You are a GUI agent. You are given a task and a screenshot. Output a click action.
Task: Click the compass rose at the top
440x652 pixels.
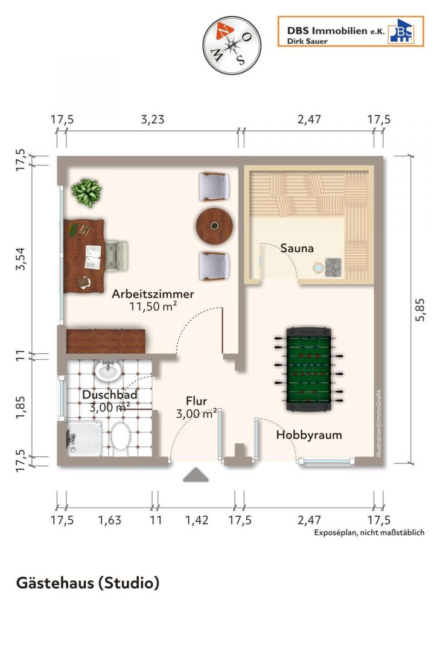[232, 44]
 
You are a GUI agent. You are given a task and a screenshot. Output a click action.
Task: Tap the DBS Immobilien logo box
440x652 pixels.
[351, 31]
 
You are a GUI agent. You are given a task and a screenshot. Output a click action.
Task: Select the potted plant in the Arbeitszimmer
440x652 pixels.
[86, 193]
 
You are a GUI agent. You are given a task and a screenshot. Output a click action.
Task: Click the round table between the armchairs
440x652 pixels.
[214, 226]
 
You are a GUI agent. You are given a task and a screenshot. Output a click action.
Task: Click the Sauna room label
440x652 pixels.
[297, 248]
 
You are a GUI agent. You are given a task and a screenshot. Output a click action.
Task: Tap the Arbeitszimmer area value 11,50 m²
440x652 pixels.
[153, 307]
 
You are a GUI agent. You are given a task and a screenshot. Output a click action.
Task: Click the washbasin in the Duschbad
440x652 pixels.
[108, 370]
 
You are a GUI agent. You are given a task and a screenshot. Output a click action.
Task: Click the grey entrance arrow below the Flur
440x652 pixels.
[196, 475]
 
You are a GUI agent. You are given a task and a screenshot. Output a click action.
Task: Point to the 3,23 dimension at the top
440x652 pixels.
[153, 120]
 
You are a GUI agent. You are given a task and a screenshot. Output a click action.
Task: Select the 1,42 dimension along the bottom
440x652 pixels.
[197, 520]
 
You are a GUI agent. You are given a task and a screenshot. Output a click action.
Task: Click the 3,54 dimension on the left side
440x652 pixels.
[21, 258]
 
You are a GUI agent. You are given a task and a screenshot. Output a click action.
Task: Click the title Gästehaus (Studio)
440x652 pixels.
[88, 583]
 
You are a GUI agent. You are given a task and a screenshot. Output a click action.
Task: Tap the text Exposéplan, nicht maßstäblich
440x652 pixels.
[369, 532]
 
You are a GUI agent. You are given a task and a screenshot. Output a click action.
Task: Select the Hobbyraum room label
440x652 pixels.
[309, 435]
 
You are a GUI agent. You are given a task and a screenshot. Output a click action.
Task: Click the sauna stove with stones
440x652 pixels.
[333, 267]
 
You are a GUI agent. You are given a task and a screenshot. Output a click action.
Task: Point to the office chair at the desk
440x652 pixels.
[116, 255]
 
